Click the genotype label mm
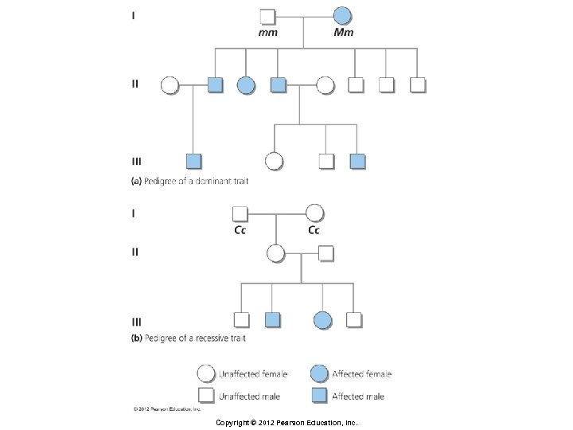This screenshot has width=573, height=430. pyautogui.click(x=267, y=33)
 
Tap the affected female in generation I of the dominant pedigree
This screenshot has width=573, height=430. pyautogui.click(x=342, y=15)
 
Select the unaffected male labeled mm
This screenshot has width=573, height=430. pyautogui.click(x=268, y=15)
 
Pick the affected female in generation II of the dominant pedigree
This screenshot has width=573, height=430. pyautogui.click(x=246, y=84)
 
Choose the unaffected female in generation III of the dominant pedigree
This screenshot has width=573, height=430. pyautogui.click(x=274, y=161)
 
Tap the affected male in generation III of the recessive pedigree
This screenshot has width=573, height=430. pyautogui.click(x=271, y=320)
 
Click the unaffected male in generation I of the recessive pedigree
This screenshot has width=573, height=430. pyautogui.click(x=240, y=213)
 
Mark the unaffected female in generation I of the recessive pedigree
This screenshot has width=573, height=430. pyautogui.click(x=314, y=213)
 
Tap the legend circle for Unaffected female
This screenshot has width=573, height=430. pyautogui.click(x=206, y=373)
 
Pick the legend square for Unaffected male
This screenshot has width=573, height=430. pyautogui.click(x=206, y=396)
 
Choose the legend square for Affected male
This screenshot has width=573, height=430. pyautogui.click(x=321, y=396)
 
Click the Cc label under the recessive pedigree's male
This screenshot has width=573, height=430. pyautogui.click(x=239, y=231)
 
